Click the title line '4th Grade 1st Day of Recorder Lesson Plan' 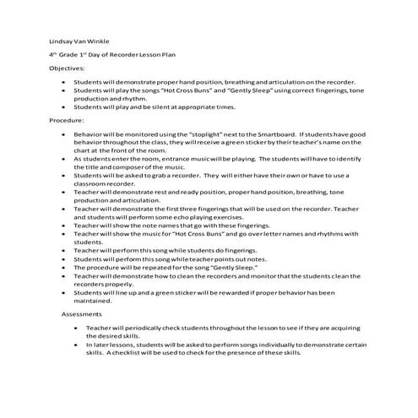click(x=113, y=53)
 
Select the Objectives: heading click(x=67, y=67)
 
